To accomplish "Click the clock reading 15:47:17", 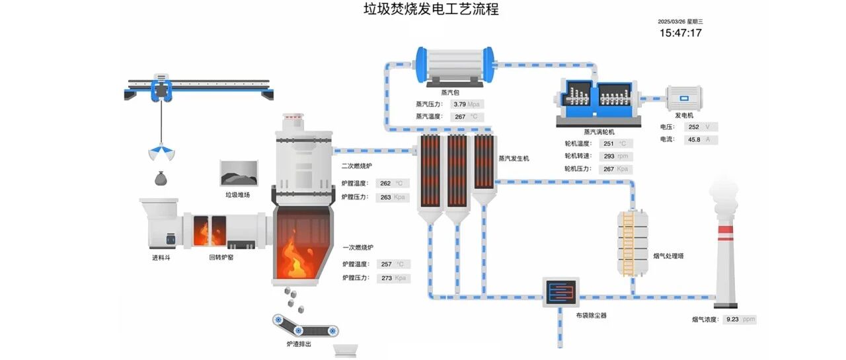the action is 681,33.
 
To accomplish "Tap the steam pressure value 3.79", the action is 459,104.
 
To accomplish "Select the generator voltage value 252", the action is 694,127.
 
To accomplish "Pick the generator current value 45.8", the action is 694,139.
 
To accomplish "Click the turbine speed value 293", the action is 609,157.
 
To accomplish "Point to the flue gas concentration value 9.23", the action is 732,319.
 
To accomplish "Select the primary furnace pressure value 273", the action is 387,278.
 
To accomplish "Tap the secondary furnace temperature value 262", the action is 385,184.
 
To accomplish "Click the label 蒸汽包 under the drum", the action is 450,92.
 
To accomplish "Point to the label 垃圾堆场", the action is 237,195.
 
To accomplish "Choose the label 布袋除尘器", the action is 591,316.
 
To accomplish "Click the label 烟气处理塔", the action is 668,256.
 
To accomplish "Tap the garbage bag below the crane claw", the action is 161,178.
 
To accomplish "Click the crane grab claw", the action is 161,152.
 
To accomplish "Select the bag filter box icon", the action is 561,292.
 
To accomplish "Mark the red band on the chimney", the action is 726,230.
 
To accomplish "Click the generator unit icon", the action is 684,98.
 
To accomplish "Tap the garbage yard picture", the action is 239,173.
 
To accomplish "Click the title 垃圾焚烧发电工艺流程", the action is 431,9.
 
